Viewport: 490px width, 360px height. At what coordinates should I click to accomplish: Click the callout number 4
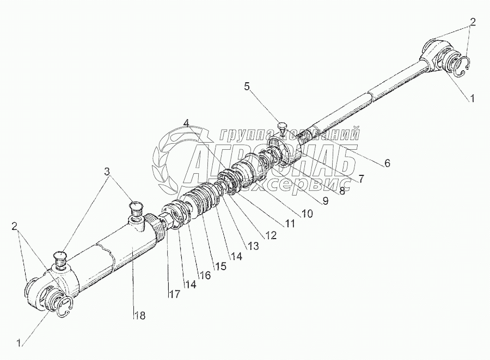(187, 123)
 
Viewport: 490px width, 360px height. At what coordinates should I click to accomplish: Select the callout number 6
(387, 163)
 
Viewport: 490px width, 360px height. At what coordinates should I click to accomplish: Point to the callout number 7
(360, 178)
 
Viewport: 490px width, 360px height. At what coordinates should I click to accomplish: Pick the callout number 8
(341, 191)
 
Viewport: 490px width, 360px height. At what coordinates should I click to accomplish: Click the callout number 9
(325, 202)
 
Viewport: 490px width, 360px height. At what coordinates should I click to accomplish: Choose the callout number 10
(307, 214)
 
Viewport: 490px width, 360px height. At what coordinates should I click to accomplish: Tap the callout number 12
(271, 235)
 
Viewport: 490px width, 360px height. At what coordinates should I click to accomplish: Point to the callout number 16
(204, 276)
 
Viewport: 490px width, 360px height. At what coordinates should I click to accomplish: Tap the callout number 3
(107, 170)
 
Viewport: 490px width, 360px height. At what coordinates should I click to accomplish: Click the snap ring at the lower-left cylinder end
(63, 308)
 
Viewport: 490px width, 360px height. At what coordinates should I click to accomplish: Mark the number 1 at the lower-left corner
(20, 343)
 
